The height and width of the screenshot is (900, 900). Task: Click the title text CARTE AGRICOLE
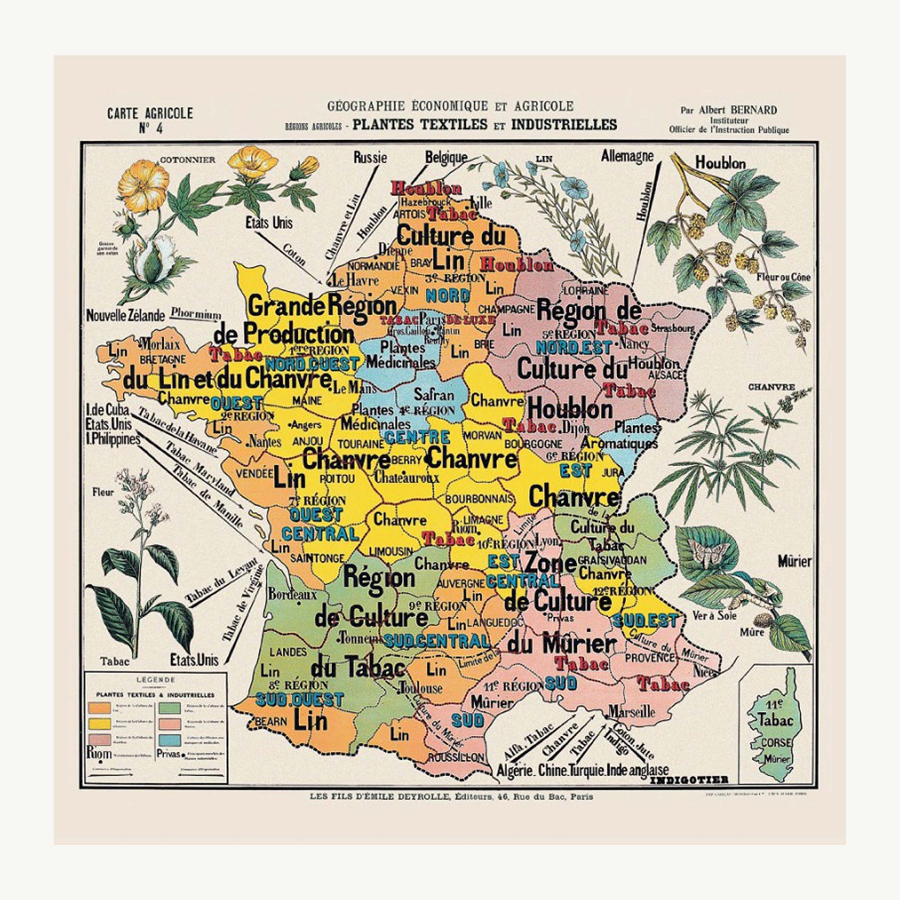click(149, 113)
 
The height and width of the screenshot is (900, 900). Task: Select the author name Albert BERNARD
click(737, 110)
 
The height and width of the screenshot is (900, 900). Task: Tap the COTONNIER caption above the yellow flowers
click(187, 159)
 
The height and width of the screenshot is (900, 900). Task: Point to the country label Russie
click(370, 158)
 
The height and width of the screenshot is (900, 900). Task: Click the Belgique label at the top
click(446, 158)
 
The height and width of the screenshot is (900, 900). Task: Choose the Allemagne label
click(627, 156)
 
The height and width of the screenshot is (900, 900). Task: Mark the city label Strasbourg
click(673, 328)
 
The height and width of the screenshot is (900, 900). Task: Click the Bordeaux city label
click(292, 594)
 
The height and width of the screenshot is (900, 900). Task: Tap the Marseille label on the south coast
click(632, 711)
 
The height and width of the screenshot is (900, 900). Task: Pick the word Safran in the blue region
click(433, 394)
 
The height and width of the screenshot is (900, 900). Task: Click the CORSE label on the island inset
click(775, 742)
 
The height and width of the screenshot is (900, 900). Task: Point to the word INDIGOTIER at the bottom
click(689, 780)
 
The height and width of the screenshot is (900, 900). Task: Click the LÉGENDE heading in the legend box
click(155, 680)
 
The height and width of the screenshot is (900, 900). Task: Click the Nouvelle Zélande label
click(125, 315)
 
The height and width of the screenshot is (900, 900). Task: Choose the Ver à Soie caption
click(714, 616)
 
